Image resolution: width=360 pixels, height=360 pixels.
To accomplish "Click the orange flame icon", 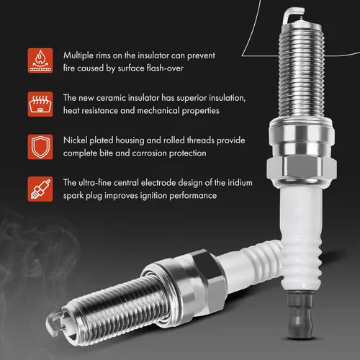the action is pyautogui.click(x=40, y=60).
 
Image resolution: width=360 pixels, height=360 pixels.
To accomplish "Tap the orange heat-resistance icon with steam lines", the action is pyautogui.click(x=40, y=104).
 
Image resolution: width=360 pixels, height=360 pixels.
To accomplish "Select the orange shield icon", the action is pyautogui.click(x=40, y=147).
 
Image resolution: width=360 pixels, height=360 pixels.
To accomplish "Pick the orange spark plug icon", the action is pyautogui.click(x=40, y=189).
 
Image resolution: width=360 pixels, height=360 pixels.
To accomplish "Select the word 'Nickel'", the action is pyautogui.click(x=76, y=140).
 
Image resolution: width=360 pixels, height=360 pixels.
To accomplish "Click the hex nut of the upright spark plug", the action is pyautogui.click(x=302, y=170).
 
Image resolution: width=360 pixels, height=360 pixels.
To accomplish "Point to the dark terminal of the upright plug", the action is pyautogui.click(x=300, y=315).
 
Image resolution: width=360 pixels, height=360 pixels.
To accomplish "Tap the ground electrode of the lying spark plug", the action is pyautogui.click(x=53, y=323).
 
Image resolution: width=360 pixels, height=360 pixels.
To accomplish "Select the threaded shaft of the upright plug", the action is pyautogui.click(x=300, y=72).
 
